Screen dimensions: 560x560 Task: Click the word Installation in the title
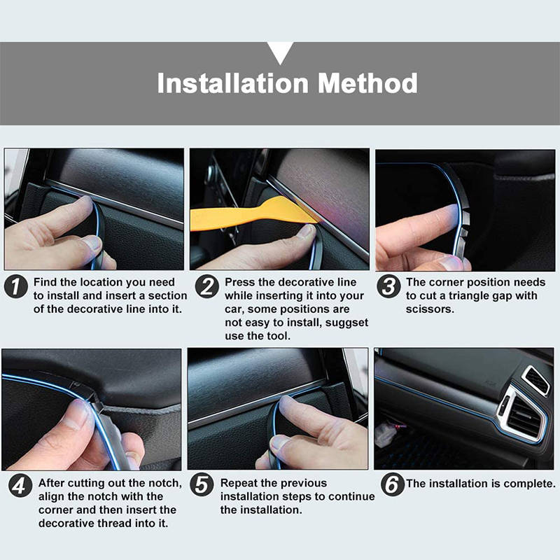pyautogui.click(x=233, y=83)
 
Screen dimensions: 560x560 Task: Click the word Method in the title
pyautogui.click(x=367, y=83)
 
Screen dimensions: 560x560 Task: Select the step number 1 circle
pyautogui.click(x=15, y=287)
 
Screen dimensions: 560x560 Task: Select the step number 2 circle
pyautogui.click(x=206, y=287)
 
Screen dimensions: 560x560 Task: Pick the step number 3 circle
pyautogui.click(x=388, y=287)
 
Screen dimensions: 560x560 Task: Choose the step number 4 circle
pyautogui.click(x=20, y=486)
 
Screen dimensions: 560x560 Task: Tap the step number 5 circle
pyautogui.click(x=202, y=485)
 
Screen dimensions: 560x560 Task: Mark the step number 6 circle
pyautogui.click(x=393, y=484)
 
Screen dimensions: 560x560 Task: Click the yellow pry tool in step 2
pyautogui.click(x=250, y=214)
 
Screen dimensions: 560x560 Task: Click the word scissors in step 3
pyautogui.click(x=430, y=309)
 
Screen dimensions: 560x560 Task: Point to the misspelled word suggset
pyautogui.click(x=346, y=323)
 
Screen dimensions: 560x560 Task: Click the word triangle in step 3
pyautogui.click(x=470, y=296)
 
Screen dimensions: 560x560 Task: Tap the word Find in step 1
pyautogui.click(x=45, y=282)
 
